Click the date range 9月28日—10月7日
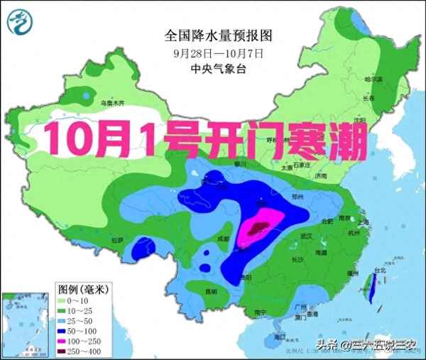(x=218, y=52)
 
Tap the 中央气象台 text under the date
(x=218, y=68)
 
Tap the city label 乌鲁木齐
(x=111, y=104)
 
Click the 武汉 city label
(x=306, y=236)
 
